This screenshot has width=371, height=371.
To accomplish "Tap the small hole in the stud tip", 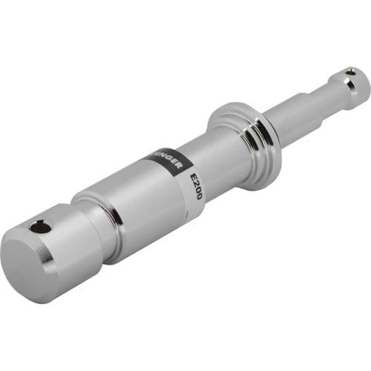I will pos(349,73).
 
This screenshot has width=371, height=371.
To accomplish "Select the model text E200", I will pos(197,185).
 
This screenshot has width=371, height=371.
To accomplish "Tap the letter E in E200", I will pos(195,177).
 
